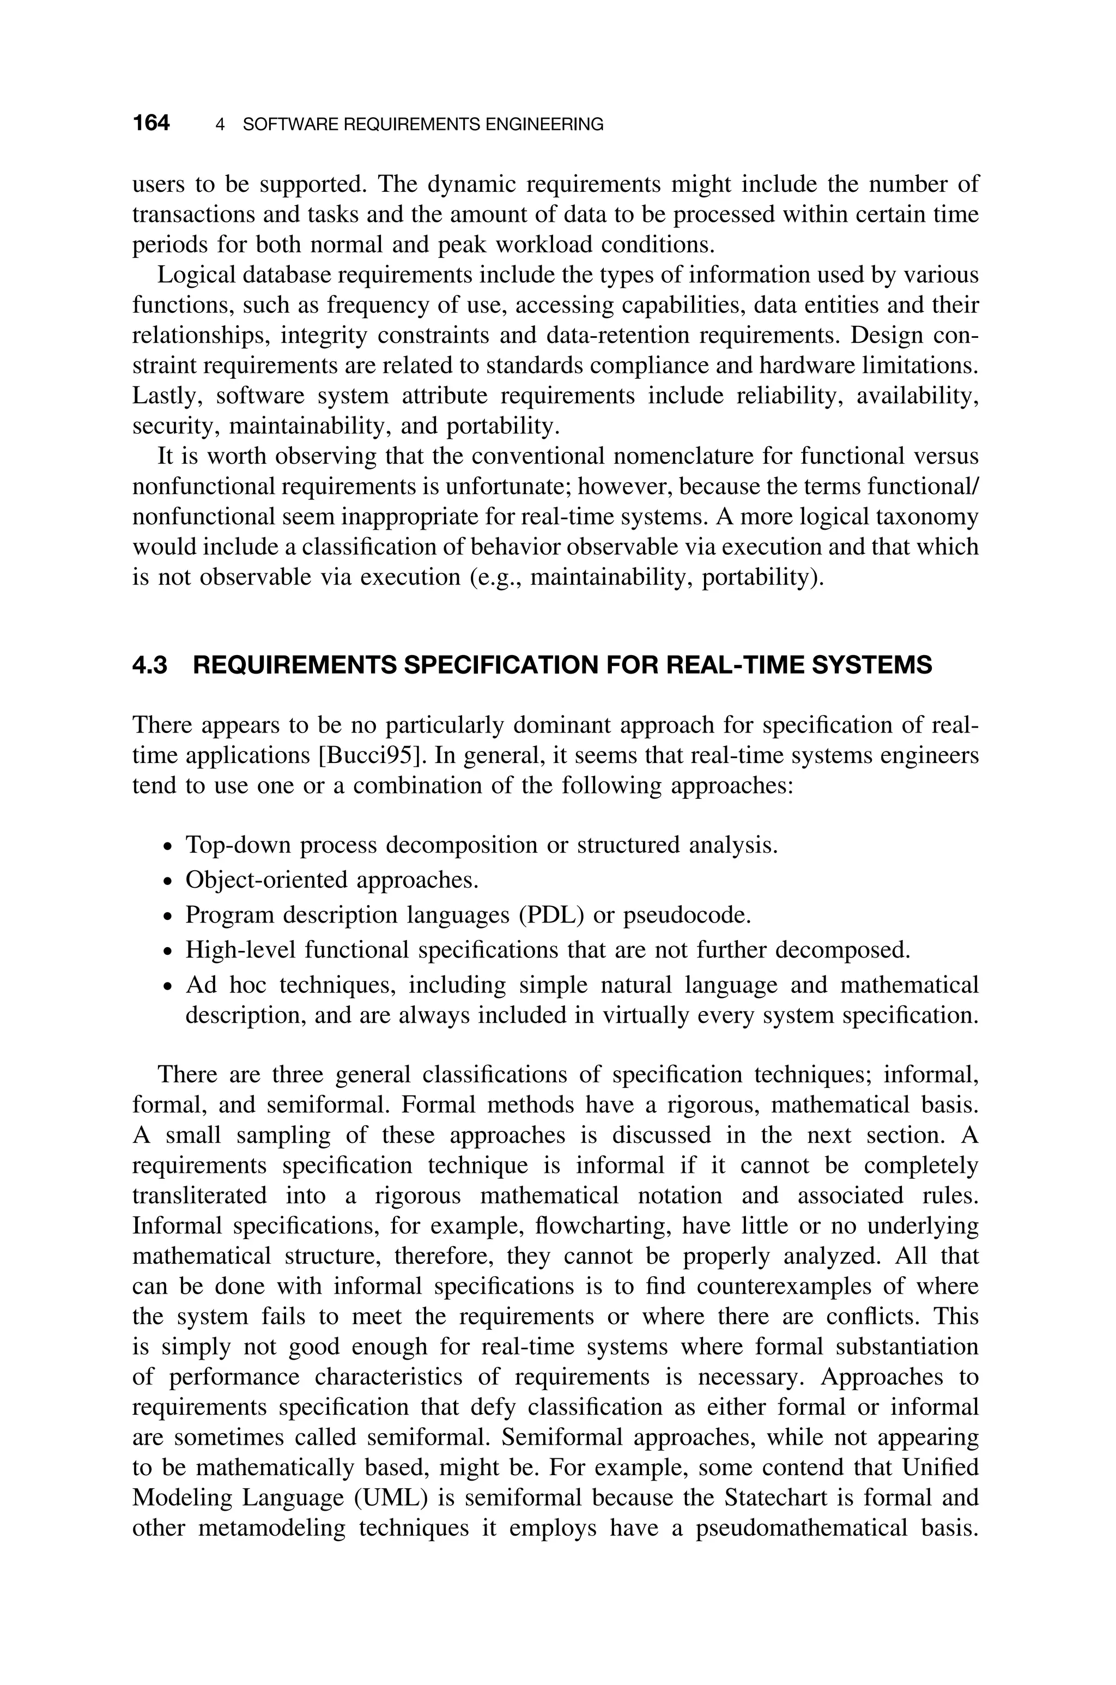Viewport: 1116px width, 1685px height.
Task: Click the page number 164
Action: tap(151, 124)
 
